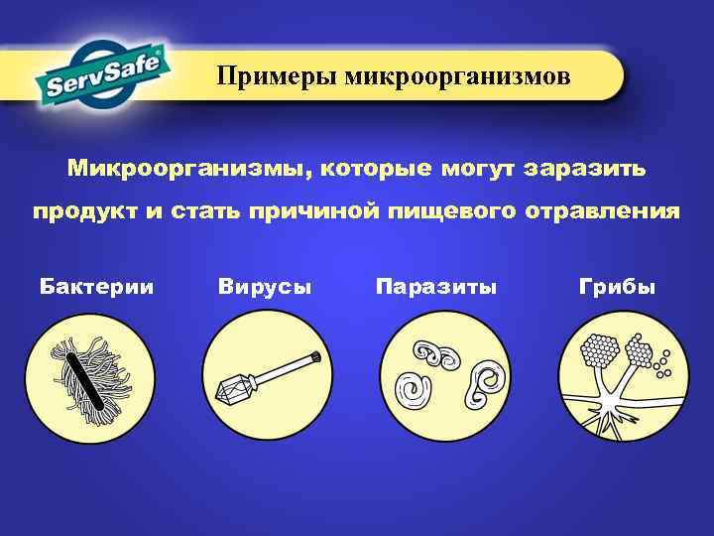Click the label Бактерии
point(96,287)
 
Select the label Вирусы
point(264,287)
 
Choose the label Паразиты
point(436,287)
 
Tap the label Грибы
point(617,287)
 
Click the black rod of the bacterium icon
point(83,378)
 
